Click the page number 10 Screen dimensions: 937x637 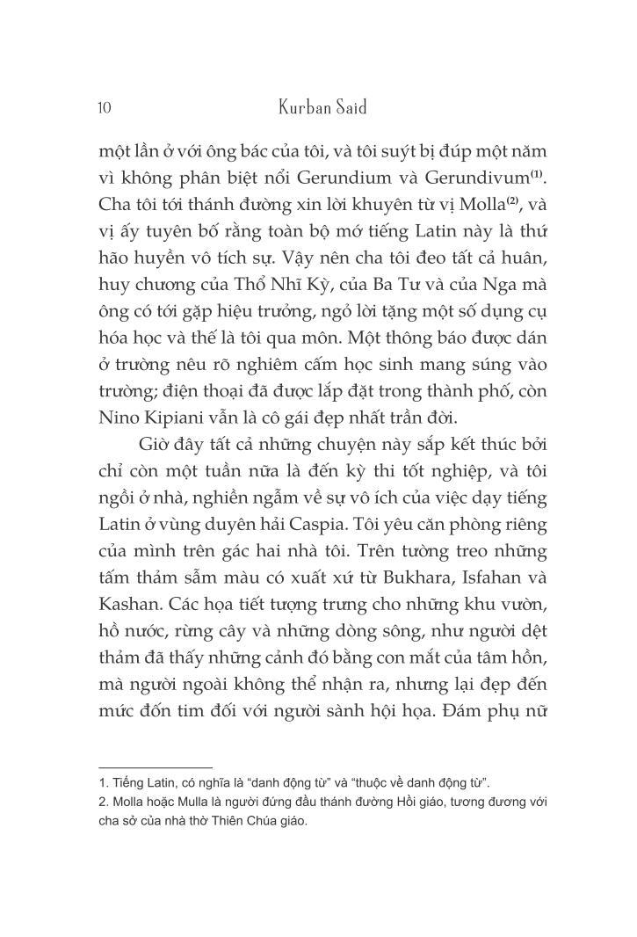[104, 108]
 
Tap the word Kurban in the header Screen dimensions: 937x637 [302, 107]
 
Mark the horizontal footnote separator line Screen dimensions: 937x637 [156, 766]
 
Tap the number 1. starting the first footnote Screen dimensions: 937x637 [103, 782]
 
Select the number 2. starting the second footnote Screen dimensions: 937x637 [103, 802]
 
